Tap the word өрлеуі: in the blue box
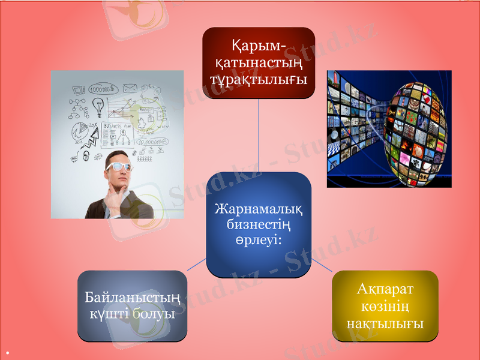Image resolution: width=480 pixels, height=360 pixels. click(x=259, y=239)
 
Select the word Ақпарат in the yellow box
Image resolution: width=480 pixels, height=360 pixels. click(x=385, y=290)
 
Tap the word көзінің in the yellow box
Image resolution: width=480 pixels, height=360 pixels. click(x=385, y=307)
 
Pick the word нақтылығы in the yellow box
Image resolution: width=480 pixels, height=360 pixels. click(x=385, y=323)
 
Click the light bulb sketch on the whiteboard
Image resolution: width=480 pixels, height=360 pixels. click(x=98, y=106)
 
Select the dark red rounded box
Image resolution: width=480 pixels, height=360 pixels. click(x=259, y=63)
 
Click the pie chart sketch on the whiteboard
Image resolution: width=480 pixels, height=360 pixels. click(x=79, y=130)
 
